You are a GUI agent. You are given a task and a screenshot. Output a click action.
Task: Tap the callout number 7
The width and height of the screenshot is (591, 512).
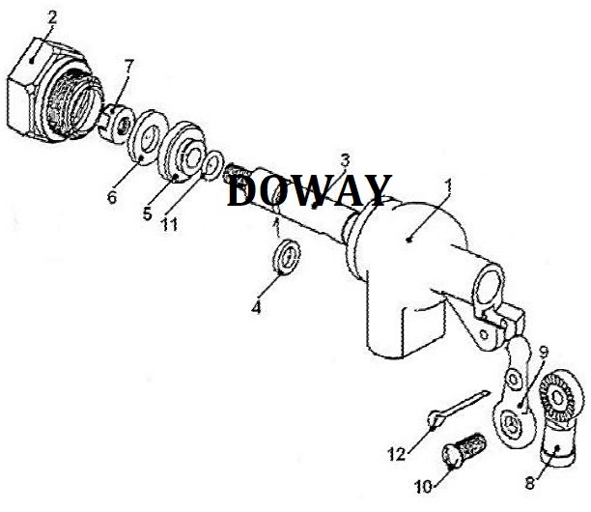(129, 65)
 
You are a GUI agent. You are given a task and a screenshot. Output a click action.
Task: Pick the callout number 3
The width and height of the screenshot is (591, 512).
(344, 159)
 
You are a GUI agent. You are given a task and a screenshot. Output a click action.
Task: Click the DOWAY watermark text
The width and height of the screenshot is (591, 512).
(309, 190)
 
